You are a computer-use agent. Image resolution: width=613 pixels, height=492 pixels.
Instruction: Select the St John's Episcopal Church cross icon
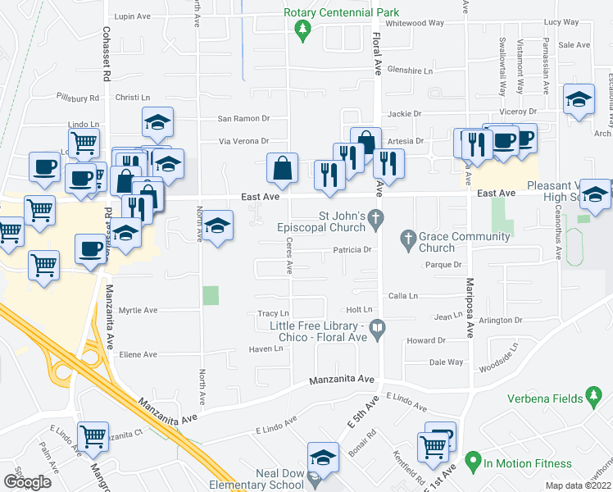point(375,218)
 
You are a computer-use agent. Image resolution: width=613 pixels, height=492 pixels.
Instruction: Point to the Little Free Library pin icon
point(377,332)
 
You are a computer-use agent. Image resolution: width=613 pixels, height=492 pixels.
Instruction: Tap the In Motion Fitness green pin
point(472,462)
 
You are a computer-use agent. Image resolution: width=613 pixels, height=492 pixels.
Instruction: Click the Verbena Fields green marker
point(596,399)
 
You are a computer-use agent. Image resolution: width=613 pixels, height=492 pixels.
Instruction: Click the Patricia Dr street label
point(352,250)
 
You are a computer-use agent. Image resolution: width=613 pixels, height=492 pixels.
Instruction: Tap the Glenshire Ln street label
point(410,71)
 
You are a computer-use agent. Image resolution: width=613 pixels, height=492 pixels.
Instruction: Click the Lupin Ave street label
point(134,16)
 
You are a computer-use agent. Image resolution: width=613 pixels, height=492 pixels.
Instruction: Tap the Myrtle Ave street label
point(138,311)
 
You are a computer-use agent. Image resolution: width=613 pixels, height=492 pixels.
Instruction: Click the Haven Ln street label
point(266,348)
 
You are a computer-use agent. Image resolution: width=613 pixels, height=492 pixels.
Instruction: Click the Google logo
point(28,481)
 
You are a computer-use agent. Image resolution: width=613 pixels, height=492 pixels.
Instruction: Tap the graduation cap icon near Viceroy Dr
point(579,100)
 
